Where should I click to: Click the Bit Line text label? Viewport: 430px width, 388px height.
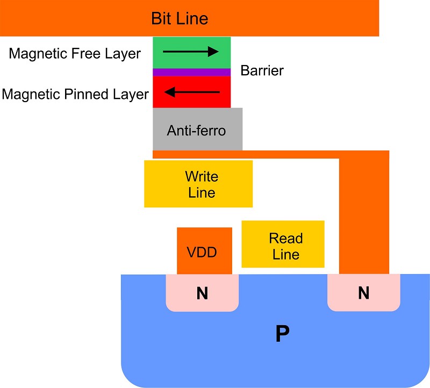pyautogui.click(x=179, y=19)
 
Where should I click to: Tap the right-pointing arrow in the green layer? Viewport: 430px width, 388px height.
pyautogui.click(x=191, y=52)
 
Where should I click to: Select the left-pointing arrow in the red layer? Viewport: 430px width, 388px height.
pyautogui.click(x=192, y=92)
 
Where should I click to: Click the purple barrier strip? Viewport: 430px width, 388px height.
pyautogui.click(x=191, y=72)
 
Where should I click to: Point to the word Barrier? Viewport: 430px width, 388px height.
pyautogui.click(x=262, y=70)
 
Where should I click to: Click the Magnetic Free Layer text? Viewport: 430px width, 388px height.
pyautogui.click(x=75, y=53)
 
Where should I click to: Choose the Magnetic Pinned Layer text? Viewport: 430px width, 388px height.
pyautogui.click(x=75, y=95)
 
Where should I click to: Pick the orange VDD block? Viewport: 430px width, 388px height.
pyautogui.click(x=204, y=251)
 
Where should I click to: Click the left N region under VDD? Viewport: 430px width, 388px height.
pyautogui.click(x=202, y=293)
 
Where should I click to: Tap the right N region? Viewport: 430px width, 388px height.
pyautogui.click(x=363, y=293)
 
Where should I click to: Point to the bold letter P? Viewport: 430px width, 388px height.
pyautogui.click(x=282, y=334)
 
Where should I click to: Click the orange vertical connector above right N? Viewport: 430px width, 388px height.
pyautogui.click(x=364, y=215)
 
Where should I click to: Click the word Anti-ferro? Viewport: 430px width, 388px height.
pyautogui.click(x=196, y=130)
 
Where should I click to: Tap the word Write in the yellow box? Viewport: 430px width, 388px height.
pyautogui.click(x=202, y=177)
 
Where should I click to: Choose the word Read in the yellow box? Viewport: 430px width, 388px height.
pyautogui.click(x=286, y=238)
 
